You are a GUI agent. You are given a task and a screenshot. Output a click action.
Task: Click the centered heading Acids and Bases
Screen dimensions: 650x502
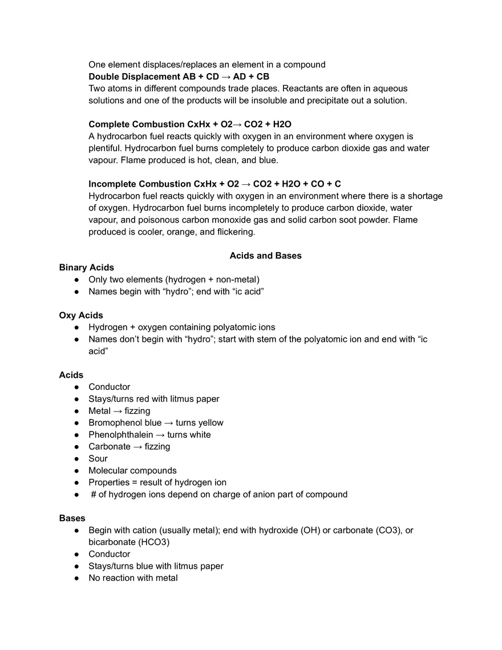pos(265,256)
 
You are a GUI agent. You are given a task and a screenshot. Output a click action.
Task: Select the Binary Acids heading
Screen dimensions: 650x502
pos(86,268)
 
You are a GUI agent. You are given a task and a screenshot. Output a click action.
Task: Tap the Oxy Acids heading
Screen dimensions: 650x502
pos(81,316)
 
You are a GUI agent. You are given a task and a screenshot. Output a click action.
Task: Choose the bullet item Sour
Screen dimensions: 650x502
pos(98,459)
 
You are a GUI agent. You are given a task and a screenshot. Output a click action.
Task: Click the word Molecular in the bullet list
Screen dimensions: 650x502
pos(108,471)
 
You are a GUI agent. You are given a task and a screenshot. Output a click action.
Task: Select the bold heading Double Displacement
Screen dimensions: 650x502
pos(126,76)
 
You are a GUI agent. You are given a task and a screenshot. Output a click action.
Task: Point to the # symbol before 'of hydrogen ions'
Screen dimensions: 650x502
pos(94,495)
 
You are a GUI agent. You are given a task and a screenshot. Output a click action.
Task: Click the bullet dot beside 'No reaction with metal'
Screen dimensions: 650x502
pos(76,578)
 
